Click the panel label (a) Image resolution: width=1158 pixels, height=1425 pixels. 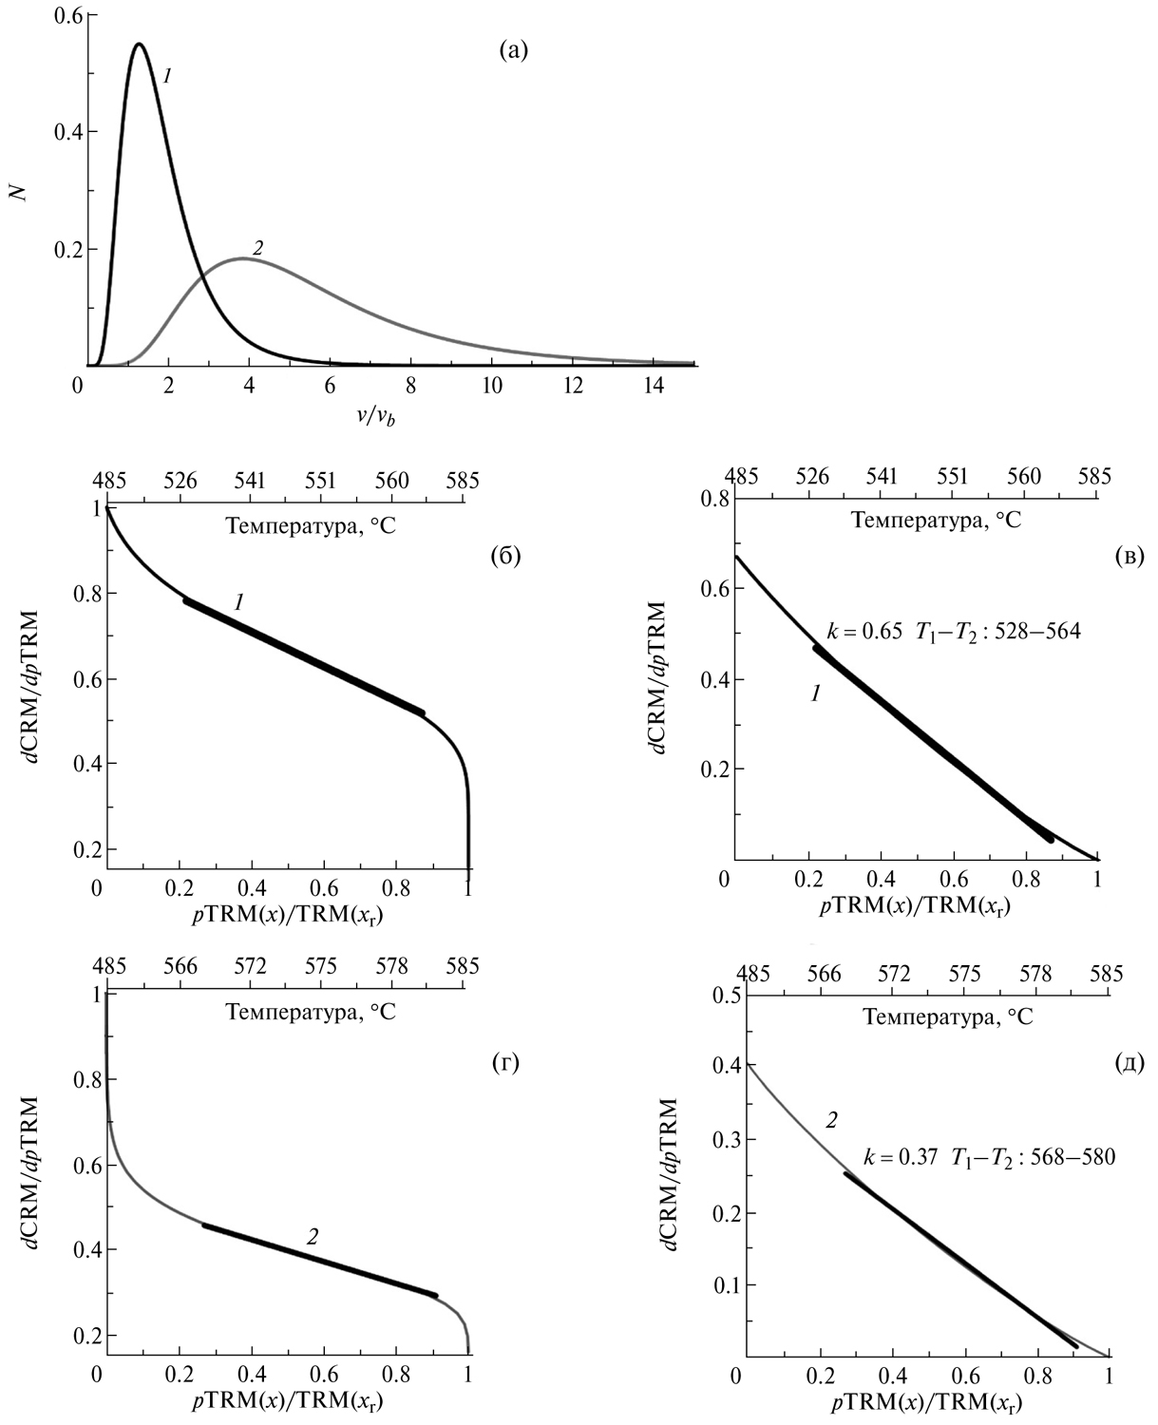513,52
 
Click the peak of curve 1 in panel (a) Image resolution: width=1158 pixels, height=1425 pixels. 140,44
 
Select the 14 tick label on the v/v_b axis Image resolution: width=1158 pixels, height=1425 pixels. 654,387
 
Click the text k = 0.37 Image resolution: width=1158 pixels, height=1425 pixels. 901,1158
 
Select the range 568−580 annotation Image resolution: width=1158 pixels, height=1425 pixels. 1073,1158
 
